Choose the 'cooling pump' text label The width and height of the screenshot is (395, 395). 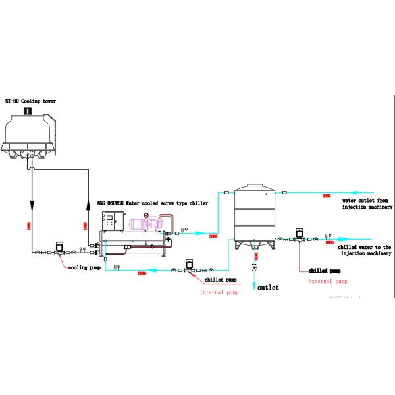[x=83, y=267]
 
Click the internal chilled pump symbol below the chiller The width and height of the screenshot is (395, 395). [x=189, y=263]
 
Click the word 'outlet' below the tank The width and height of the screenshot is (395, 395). [x=267, y=288]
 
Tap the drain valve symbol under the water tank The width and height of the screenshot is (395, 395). [x=254, y=269]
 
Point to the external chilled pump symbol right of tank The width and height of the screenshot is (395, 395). [x=299, y=234]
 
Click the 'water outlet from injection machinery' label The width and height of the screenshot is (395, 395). [x=367, y=203]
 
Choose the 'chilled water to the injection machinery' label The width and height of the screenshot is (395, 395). [x=364, y=250]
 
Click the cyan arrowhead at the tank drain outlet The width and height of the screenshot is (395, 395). [x=255, y=284]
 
